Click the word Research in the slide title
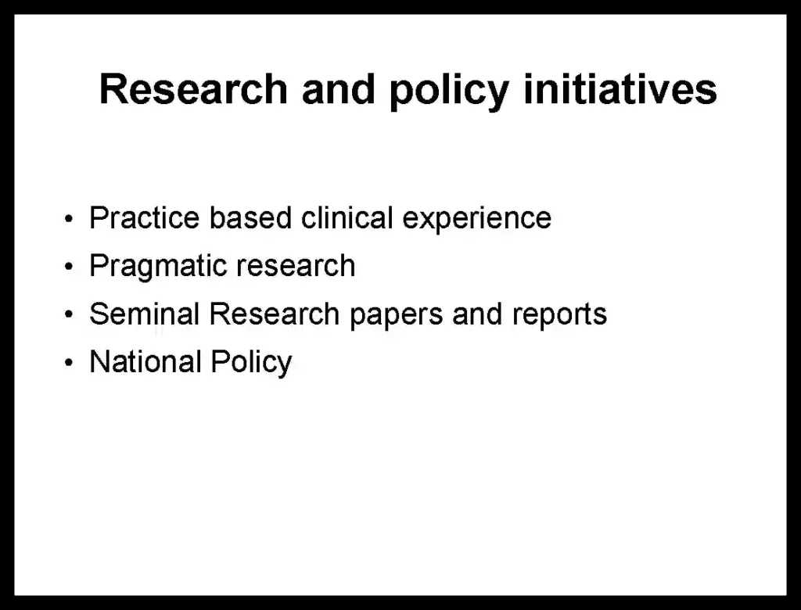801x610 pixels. (194, 89)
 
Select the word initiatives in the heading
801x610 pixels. (620, 89)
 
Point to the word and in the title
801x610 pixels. (339, 89)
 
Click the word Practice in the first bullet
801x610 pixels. (145, 218)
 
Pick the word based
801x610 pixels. (250, 218)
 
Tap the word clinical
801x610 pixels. (347, 218)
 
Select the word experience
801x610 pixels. (477, 221)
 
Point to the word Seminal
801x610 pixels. (144, 314)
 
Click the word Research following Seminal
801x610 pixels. (275, 314)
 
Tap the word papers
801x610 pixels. (397, 316)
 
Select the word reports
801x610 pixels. (560, 316)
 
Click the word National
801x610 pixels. (145, 362)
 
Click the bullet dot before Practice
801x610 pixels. (69, 220)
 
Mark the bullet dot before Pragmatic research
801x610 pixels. (69, 267)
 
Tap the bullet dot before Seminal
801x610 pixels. (69, 314)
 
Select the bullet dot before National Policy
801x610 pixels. (69, 363)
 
